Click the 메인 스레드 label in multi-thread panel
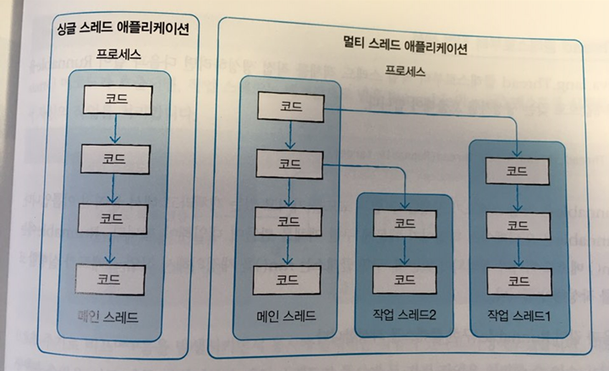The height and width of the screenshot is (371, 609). tap(287, 317)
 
